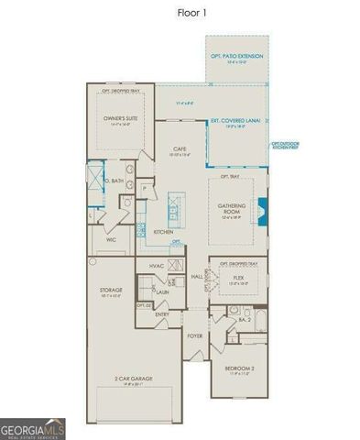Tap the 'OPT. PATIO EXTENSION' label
[237, 57]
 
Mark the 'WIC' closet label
[110, 240]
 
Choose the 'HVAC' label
[156, 266]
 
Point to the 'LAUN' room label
[163, 291]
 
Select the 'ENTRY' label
[162, 313]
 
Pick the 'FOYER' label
[194, 336]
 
